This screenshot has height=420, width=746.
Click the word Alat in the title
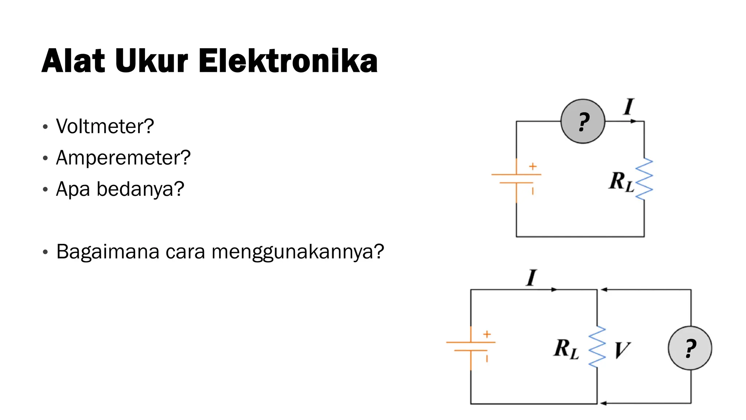73,61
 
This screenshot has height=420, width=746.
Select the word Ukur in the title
152,61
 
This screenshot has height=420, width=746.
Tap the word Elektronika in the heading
288,61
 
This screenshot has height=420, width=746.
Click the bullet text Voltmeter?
105,127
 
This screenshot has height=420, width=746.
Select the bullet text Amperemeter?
123,158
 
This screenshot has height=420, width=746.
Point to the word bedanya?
140,189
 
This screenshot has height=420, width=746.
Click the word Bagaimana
108,252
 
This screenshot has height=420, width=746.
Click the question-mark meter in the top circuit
583,121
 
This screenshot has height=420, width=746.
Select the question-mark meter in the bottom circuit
690,348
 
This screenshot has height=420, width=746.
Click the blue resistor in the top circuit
644,179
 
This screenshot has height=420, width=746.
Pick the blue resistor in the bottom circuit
597,347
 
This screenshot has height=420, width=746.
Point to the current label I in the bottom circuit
531,278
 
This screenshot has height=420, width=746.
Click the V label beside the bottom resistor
622,350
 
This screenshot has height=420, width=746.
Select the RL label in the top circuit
621,182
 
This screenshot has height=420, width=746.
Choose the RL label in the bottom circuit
566,349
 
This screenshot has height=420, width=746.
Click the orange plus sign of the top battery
533,166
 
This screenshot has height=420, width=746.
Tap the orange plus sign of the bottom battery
487,334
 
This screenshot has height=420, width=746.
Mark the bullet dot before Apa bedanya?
45,190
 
